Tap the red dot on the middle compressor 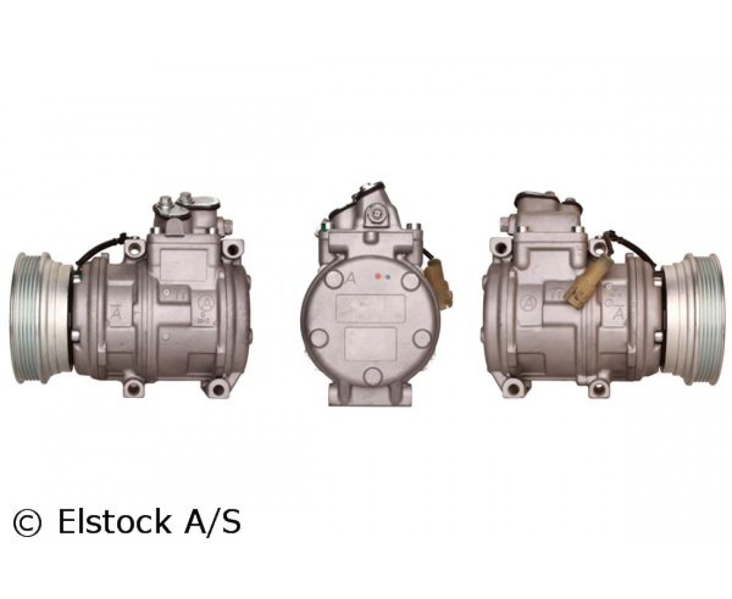click(x=378, y=276)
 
